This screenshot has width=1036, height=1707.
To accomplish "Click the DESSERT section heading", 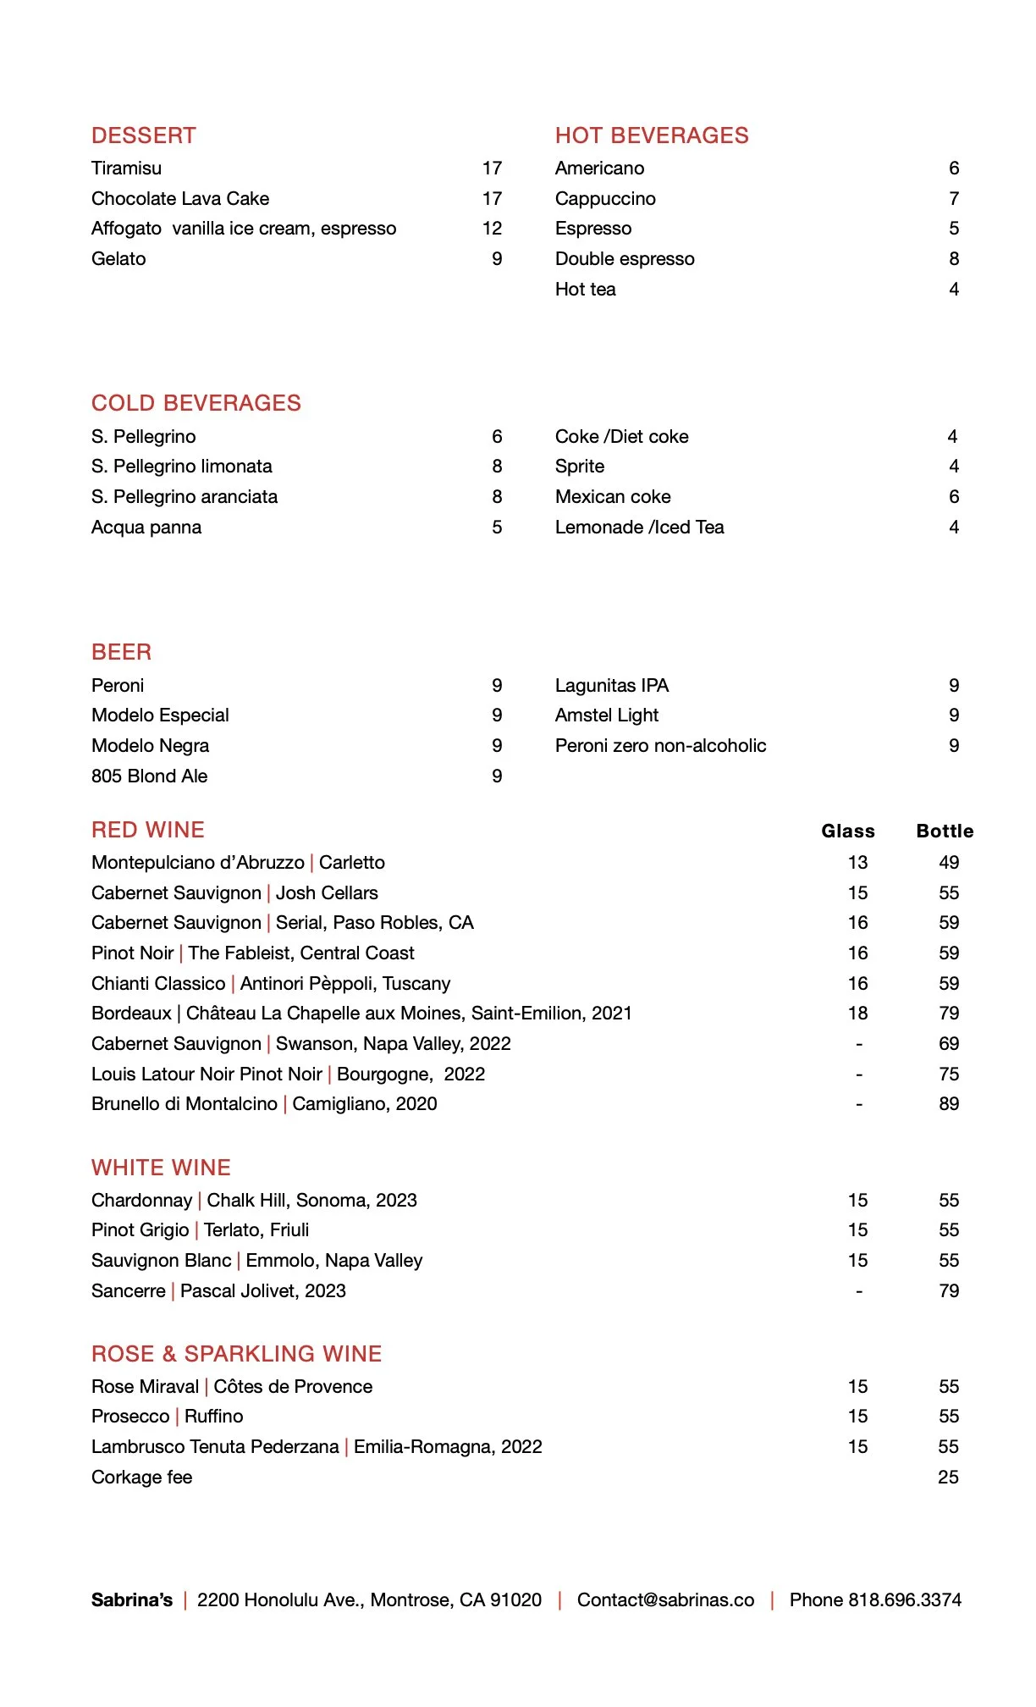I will point(144,135).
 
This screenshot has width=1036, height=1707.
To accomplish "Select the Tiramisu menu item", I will point(126,168).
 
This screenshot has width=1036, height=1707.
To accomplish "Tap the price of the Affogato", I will point(492,229).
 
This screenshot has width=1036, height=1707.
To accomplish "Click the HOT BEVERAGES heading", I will point(652,135).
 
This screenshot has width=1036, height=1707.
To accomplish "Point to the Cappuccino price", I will point(954,199).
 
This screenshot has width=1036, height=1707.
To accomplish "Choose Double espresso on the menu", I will point(625,259).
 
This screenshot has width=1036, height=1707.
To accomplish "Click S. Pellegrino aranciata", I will point(185,497).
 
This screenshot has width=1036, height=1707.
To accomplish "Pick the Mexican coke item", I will point(613,497).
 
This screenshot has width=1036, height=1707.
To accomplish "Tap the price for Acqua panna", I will point(497,528).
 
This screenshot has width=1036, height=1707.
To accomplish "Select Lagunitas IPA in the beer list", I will point(612,686).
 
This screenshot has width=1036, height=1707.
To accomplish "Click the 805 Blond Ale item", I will point(149,776).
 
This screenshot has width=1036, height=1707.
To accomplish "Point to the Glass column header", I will point(848,831).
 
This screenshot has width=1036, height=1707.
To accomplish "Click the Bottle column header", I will point(945,831).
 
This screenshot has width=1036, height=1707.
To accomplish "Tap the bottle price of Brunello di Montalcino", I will point(949,1104).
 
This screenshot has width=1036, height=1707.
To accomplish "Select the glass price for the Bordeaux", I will point(858,1014).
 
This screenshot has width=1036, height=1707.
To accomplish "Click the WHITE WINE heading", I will point(161,1168).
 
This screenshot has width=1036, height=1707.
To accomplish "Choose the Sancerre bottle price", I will point(949,1291).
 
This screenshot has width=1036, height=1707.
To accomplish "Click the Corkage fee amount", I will point(948,1478).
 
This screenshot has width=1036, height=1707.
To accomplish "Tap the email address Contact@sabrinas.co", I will point(665,1600).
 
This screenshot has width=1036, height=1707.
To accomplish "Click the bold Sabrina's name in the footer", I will point(132,1600).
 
